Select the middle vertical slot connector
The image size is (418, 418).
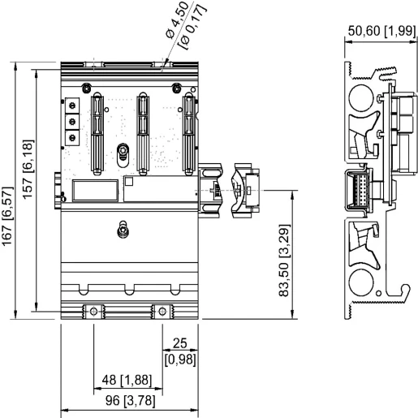click(144, 132)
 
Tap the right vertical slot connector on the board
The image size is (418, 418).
click(188, 132)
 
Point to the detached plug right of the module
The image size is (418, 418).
click(242, 190)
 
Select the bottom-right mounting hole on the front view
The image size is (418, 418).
click(163, 311)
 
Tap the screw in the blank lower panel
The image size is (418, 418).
click(123, 230)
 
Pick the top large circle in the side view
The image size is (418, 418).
click(360, 100)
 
